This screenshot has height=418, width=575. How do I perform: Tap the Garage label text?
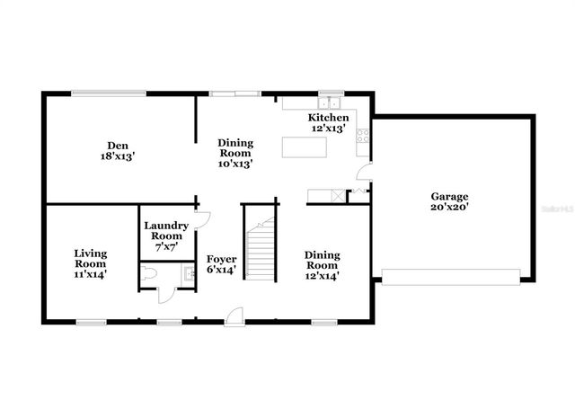point(449,201)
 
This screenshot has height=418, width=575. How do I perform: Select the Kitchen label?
point(328,123)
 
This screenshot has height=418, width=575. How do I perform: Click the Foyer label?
point(221,264)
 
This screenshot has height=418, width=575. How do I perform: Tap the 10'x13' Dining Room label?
point(235,153)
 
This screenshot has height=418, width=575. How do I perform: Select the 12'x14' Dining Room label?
point(321,260)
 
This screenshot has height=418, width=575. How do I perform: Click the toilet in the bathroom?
point(150,273)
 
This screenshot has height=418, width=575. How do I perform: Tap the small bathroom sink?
point(189,273)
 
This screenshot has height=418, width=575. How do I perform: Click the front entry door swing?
point(234,314)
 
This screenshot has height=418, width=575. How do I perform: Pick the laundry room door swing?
point(202,219)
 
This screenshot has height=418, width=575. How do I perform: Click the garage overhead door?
point(451,277)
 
